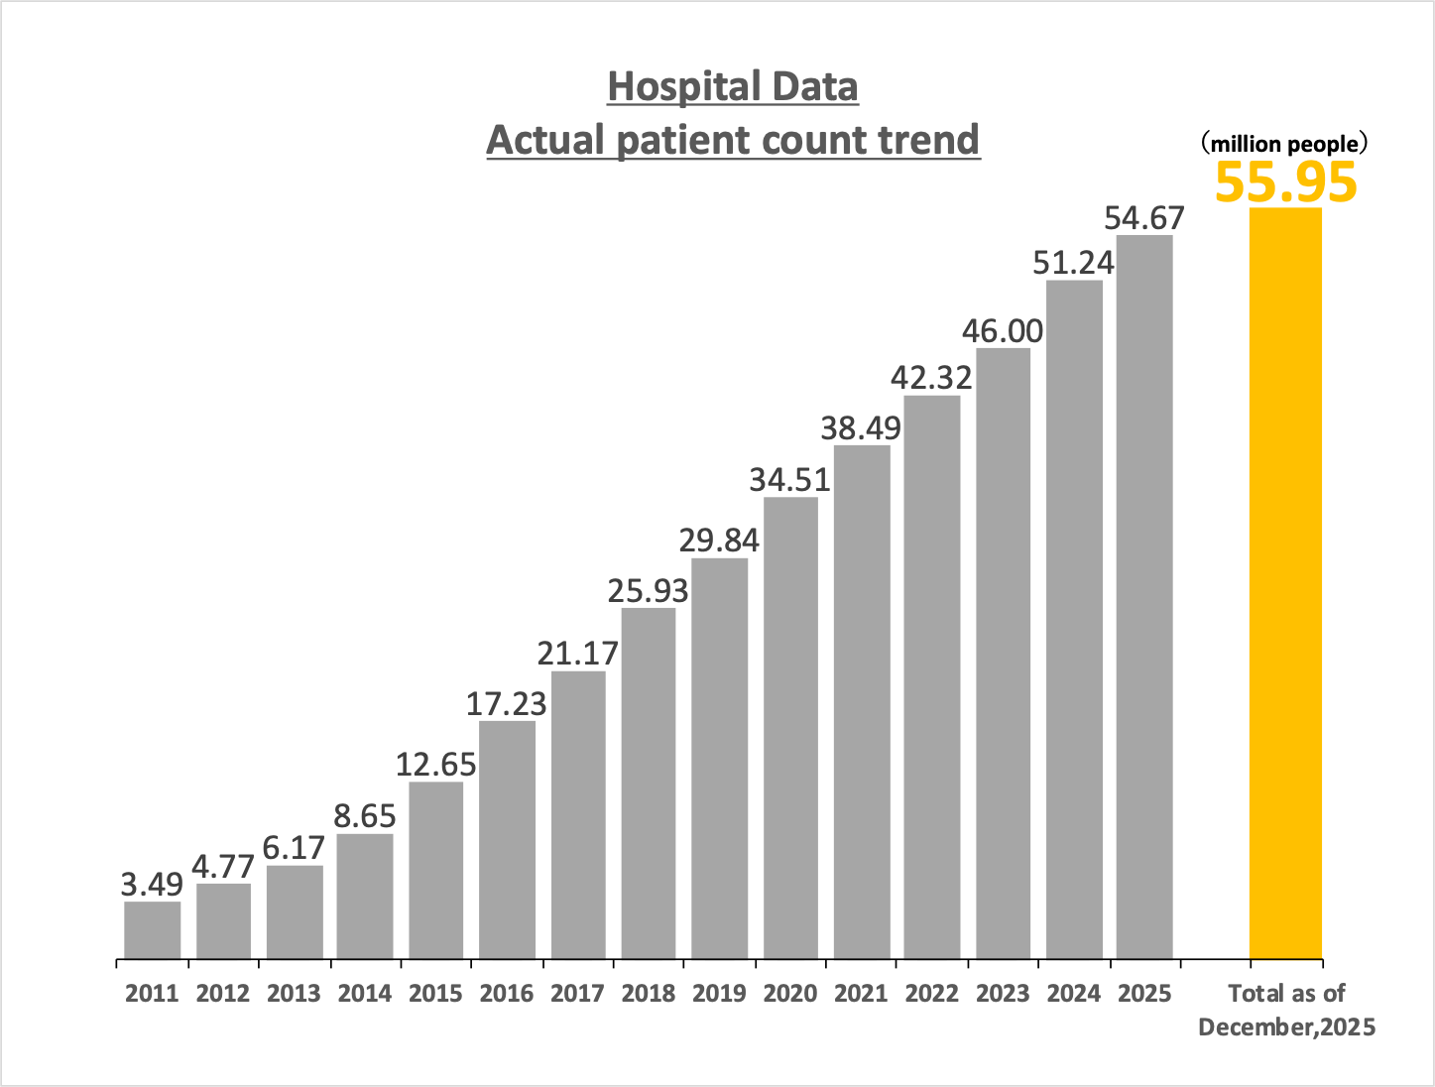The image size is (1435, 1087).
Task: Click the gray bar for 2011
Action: pos(153,930)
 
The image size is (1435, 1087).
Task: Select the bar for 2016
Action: pos(507,840)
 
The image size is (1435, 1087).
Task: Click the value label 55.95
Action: pos(1285,182)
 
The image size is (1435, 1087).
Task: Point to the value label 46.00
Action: pos(1003,330)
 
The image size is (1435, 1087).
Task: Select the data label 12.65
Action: pos(436,765)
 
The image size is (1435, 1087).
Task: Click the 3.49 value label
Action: pos(153,884)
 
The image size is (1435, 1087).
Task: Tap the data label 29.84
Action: pos(719,541)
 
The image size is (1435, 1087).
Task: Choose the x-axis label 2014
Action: pos(365,994)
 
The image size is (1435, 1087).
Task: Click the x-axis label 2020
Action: pos(790,994)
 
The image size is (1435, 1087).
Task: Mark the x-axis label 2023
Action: pos(1003,994)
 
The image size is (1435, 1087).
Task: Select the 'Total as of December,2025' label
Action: pos(1286,1010)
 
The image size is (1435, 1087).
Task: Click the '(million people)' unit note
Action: pos(1285,144)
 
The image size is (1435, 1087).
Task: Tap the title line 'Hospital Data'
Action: pos(733,87)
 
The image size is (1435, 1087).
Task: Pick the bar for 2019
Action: pos(719,759)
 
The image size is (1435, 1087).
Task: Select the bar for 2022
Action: pos(932,677)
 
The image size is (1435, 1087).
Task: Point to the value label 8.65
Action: pos(365,816)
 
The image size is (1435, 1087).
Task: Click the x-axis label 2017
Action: pos(577,994)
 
